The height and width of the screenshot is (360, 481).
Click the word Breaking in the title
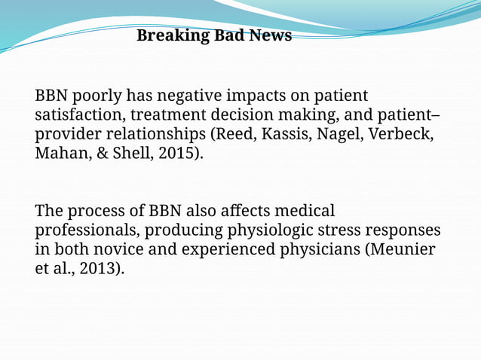[x=164, y=35]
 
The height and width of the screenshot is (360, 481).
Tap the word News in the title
[x=269, y=35]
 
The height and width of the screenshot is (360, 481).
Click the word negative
[x=191, y=96]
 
